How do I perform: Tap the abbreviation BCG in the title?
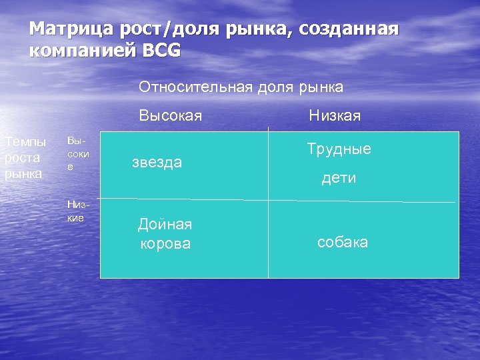point(161,51)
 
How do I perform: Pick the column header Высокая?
point(170,116)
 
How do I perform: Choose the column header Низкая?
point(335,116)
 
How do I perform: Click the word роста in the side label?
point(22,158)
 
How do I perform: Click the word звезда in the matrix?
point(157,163)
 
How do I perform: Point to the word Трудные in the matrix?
point(339,149)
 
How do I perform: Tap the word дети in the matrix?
point(339,178)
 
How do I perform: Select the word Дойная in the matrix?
point(165,225)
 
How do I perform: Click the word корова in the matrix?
point(165,243)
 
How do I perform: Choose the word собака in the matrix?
point(342,242)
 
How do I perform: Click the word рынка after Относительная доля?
point(321,87)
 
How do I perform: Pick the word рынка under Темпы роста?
point(23,173)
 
